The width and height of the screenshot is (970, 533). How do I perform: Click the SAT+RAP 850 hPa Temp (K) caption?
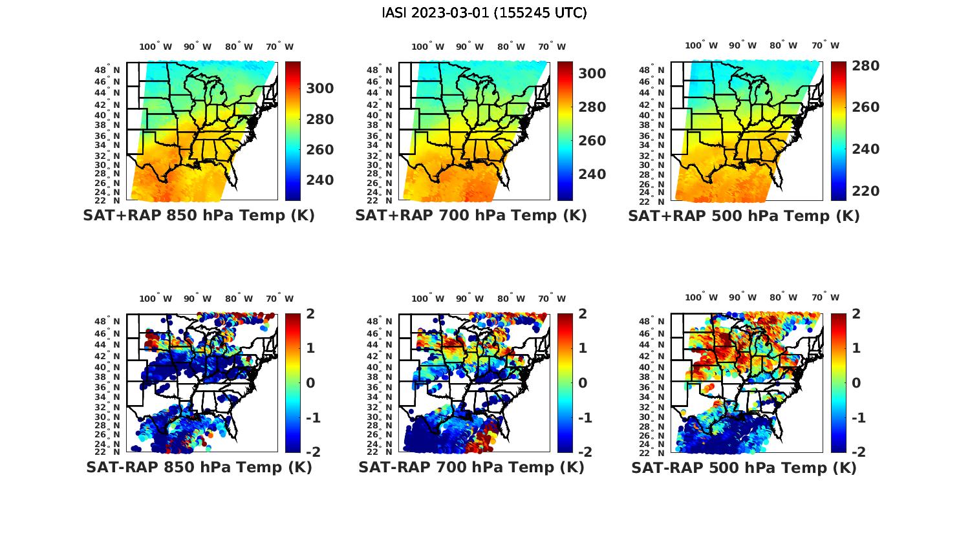pos(199,216)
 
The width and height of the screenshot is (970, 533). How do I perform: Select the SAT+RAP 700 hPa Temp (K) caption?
pos(471,216)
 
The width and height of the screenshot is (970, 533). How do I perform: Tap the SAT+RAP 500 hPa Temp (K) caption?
pos(744,216)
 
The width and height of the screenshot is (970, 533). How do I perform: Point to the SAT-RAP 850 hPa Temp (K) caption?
pos(199,467)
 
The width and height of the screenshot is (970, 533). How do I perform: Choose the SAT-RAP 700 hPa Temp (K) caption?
pos(471,467)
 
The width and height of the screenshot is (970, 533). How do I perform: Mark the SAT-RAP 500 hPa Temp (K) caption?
pos(744,467)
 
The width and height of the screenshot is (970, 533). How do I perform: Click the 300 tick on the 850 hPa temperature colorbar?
pos(319,89)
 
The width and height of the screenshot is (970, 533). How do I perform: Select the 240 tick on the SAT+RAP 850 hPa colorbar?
pos(319,180)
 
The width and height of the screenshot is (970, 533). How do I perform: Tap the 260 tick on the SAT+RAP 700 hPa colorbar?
pos(592,141)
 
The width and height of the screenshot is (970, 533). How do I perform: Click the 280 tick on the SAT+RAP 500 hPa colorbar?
pos(866,66)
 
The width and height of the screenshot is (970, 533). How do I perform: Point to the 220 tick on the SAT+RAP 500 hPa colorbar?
pos(866,191)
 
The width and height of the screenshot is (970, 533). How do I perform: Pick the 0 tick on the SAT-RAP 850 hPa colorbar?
pos(310,382)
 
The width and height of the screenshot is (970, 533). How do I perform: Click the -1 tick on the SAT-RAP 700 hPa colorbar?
pos(585,417)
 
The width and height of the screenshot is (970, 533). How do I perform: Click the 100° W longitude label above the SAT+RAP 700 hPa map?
pos(427,47)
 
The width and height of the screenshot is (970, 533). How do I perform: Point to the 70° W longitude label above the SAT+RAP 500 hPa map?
pos(825,45)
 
